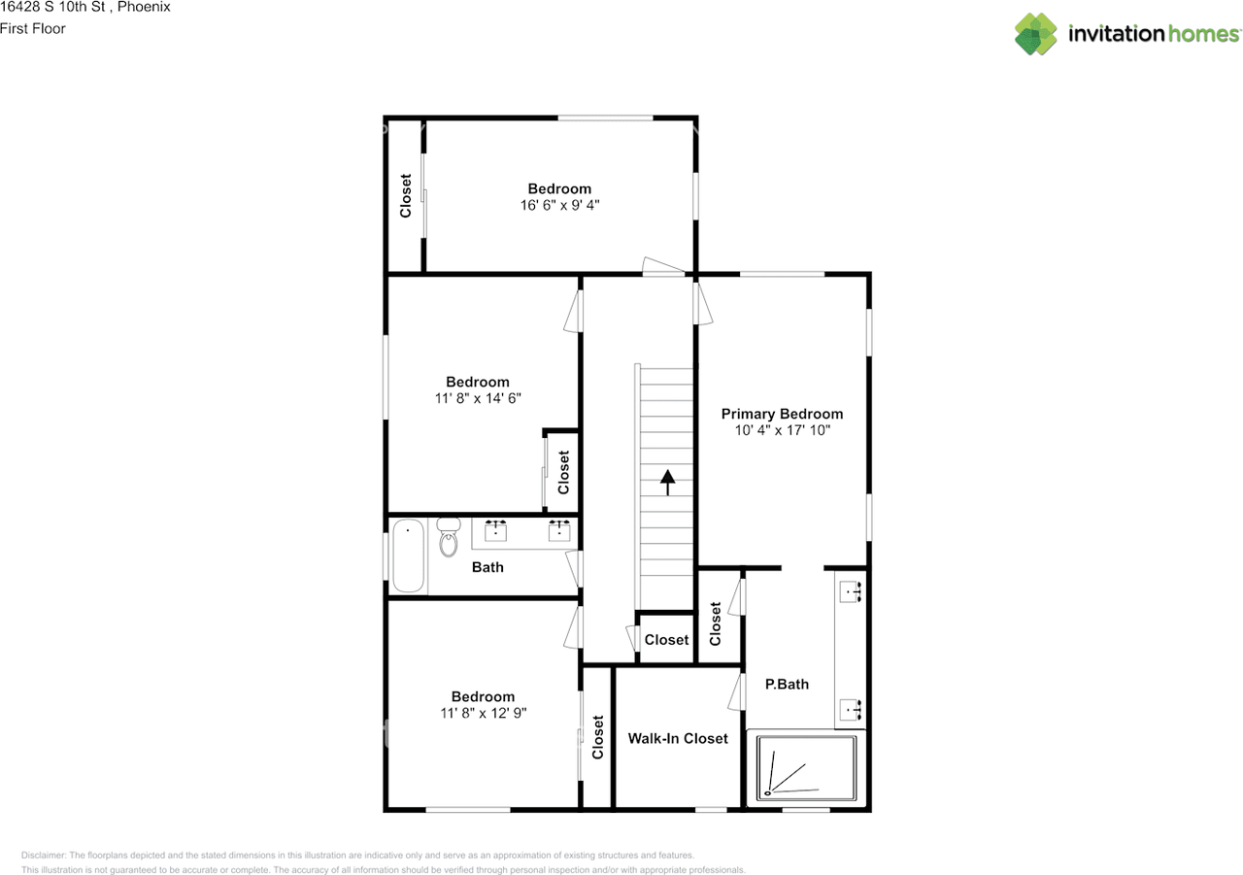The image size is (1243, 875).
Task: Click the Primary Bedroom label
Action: click(782, 414)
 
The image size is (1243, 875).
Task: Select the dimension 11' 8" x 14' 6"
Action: click(477, 398)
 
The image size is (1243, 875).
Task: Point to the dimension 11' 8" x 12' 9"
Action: click(483, 713)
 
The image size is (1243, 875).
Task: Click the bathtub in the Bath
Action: click(409, 555)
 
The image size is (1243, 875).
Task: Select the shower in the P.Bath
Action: click(806, 767)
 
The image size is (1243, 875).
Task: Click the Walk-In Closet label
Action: click(678, 738)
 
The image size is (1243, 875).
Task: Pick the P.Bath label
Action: click(787, 684)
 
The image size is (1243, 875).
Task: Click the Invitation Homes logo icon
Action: click(1036, 34)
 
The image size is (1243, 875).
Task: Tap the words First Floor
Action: click(33, 28)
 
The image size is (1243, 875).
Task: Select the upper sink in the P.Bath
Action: click(852, 591)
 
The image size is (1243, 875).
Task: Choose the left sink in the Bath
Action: click(496, 529)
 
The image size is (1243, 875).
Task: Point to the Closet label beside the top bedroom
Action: click(406, 195)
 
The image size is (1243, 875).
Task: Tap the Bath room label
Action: click(487, 567)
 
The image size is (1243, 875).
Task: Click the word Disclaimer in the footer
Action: click(44, 855)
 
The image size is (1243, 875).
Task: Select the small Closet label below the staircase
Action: click(666, 640)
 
